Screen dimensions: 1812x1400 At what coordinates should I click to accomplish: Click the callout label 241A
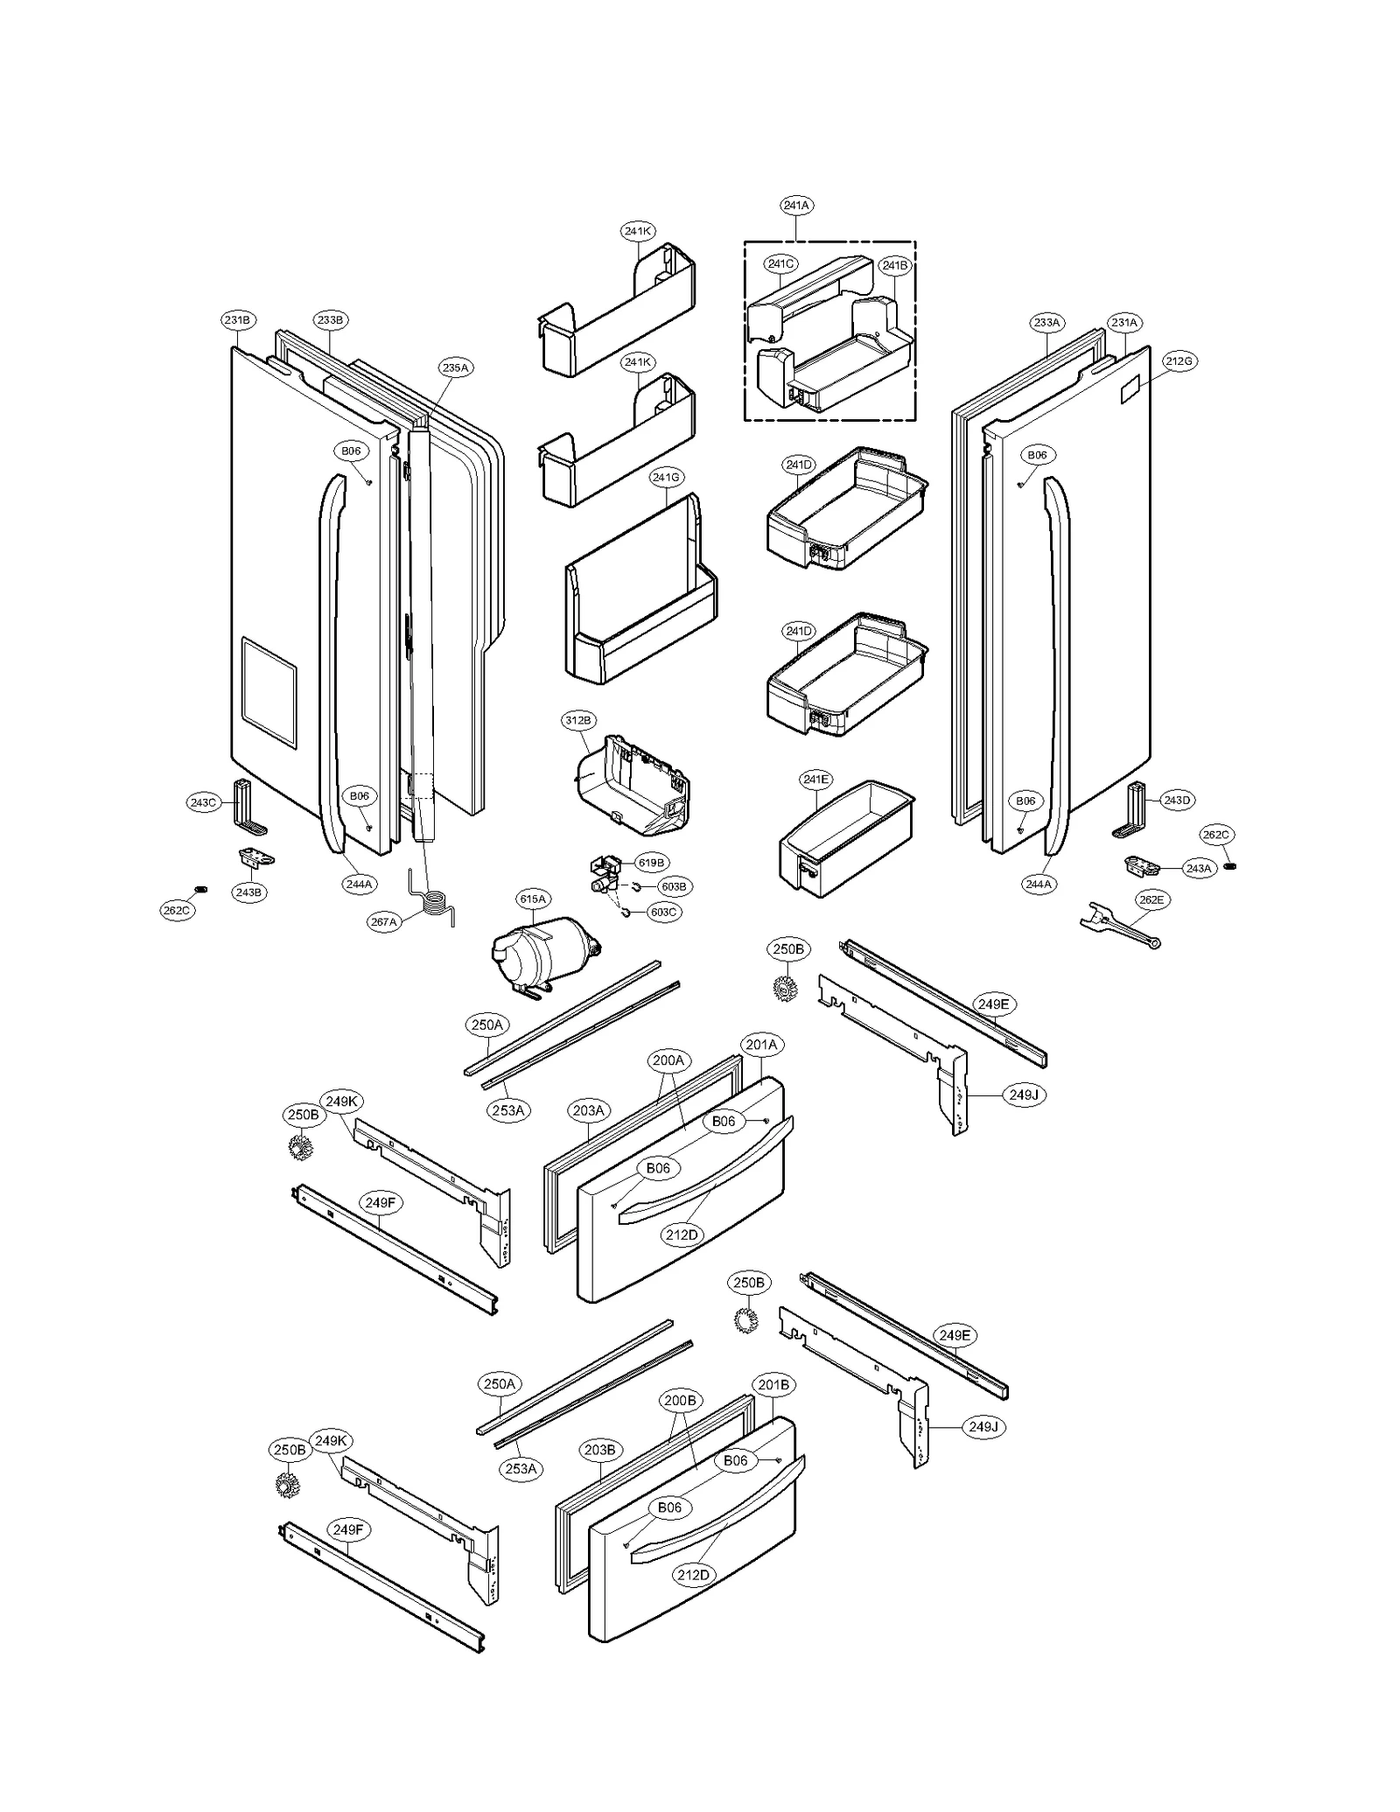pyautogui.click(x=795, y=206)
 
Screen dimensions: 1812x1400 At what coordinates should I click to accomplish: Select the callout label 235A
pyautogui.click(x=455, y=368)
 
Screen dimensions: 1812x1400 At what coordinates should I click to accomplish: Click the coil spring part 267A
pyautogui.click(x=435, y=901)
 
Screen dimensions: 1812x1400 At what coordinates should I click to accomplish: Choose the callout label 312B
pyautogui.click(x=577, y=721)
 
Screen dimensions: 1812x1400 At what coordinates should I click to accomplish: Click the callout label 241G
pyautogui.click(x=666, y=478)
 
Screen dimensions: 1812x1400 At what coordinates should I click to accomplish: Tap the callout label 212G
pyautogui.click(x=1179, y=360)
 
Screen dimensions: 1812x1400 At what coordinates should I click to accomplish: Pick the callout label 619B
pyautogui.click(x=650, y=863)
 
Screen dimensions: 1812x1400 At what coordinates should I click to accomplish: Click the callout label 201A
pyautogui.click(x=761, y=1045)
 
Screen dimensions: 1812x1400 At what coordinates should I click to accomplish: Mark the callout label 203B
pyautogui.click(x=599, y=1450)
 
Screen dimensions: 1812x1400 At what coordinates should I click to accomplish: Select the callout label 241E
pyautogui.click(x=815, y=779)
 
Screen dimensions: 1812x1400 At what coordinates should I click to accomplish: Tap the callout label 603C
pyautogui.click(x=662, y=912)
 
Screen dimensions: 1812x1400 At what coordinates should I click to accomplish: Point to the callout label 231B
pyautogui.click(x=236, y=320)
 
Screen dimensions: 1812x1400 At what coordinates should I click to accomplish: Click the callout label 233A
pyautogui.click(x=1046, y=323)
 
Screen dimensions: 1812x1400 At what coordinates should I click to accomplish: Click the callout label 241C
pyautogui.click(x=780, y=263)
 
